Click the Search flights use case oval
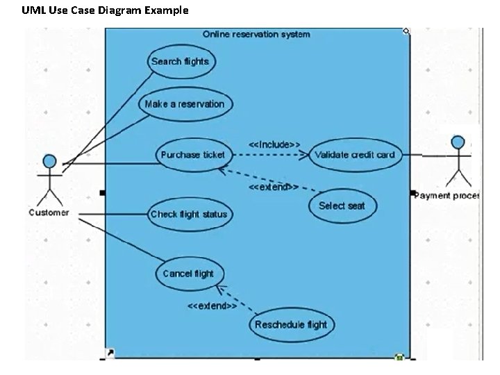pyautogui.click(x=180, y=62)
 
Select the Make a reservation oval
pyautogui.click(x=185, y=104)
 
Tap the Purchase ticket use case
pyautogui.click(x=192, y=155)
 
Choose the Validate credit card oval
pyautogui.click(x=355, y=155)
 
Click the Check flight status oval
pyautogui.click(x=189, y=214)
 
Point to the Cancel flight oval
pyautogui.click(x=188, y=274)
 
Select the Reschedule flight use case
pyautogui.click(x=291, y=324)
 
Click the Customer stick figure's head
pyautogui.click(x=49, y=161)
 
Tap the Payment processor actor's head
pyautogui.click(x=458, y=142)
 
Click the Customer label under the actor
pyautogui.click(x=49, y=212)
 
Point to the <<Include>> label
pyautogui.click(x=274, y=144)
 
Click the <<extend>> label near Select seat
pyautogui.click(x=274, y=187)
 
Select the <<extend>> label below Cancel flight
pyautogui.click(x=212, y=306)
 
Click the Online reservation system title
pyautogui.click(x=256, y=34)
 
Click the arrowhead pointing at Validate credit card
pyautogui.click(x=304, y=156)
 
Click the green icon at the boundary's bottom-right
pyautogui.click(x=399, y=357)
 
